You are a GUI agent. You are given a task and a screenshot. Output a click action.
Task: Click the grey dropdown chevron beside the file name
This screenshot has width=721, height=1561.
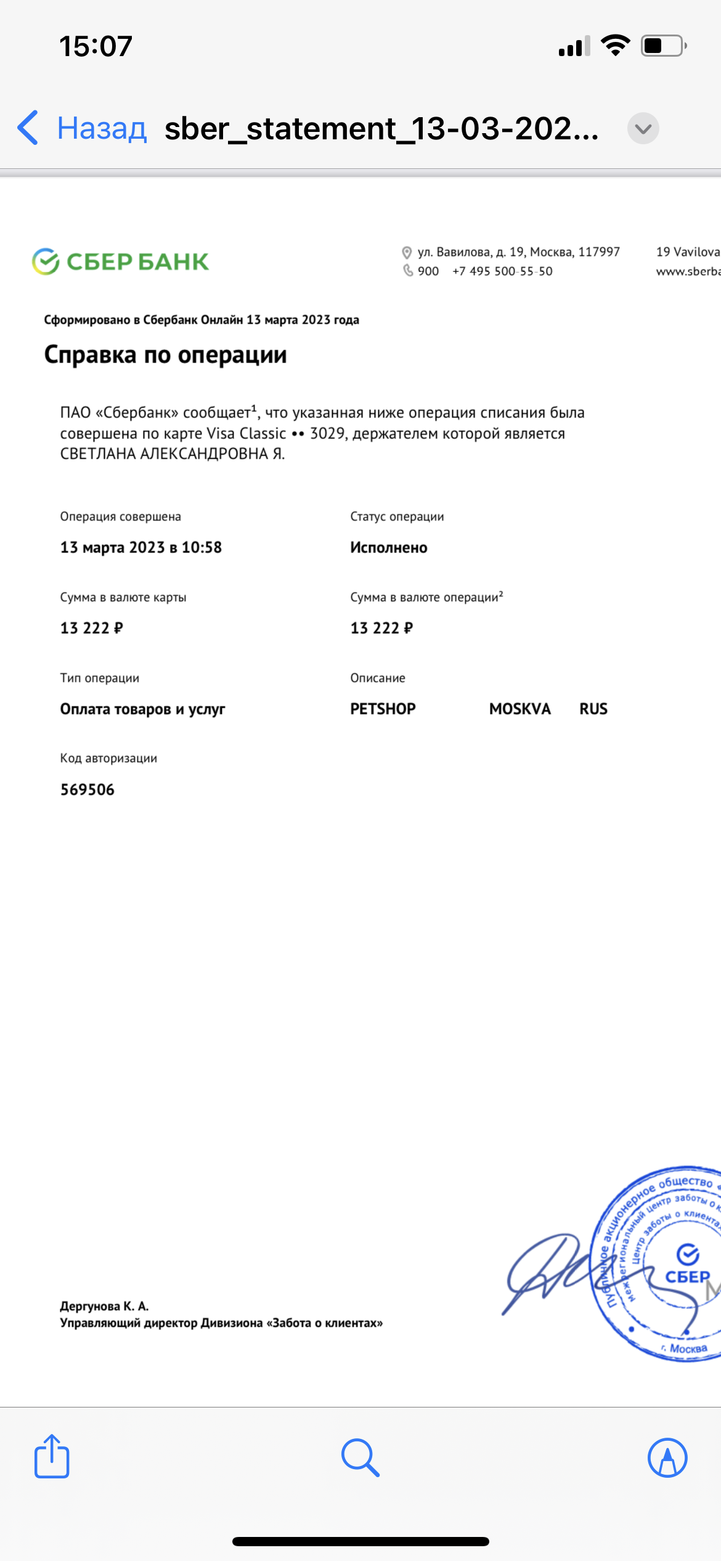pyautogui.click(x=643, y=129)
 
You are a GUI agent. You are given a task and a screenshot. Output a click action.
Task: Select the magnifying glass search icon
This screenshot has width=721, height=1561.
pyautogui.click(x=360, y=1457)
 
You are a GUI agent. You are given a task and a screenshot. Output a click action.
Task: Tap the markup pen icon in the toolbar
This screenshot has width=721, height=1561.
pyautogui.click(x=667, y=1457)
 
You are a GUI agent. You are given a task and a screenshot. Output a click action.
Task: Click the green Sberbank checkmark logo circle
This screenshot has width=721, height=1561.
pyautogui.click(x=46, y=261)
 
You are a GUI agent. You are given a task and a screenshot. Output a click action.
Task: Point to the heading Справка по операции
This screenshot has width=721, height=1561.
pyautogui.click(x=165, y=355)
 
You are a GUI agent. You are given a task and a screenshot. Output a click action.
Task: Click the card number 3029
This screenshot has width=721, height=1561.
pyautogui.click(x=327, y=433)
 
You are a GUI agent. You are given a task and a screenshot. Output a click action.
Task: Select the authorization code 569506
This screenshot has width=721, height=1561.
pyautogui.click(x=88, y=790)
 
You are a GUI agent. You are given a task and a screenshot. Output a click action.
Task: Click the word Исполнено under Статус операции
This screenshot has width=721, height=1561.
pyautogui.click(x=389, y=547)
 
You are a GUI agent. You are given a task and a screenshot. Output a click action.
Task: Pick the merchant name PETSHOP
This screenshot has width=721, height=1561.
pyautogui.click(x=383, y=709)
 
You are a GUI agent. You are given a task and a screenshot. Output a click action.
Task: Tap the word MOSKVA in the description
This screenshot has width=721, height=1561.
pyautogui.click(x=519, y=709)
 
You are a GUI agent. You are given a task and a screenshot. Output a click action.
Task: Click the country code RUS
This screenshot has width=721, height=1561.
pyautogui.click(x=593, y=709)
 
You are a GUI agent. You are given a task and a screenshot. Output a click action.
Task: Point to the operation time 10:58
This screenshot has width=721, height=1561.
pyautogui.click(x=202, y=547)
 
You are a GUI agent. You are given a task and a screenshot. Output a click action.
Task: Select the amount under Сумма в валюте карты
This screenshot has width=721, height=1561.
pyautogui.click(x=91, y=628)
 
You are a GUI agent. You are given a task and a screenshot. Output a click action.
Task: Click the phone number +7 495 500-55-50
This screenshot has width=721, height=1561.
pyautogui.click(x=502, y=271)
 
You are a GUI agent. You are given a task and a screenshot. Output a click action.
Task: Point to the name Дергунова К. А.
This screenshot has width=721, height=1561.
pyautogui.click(x=104, y=1306)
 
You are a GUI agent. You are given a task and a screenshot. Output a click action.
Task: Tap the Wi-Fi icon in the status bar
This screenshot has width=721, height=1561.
pyautogui.click(x=615, y=46)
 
